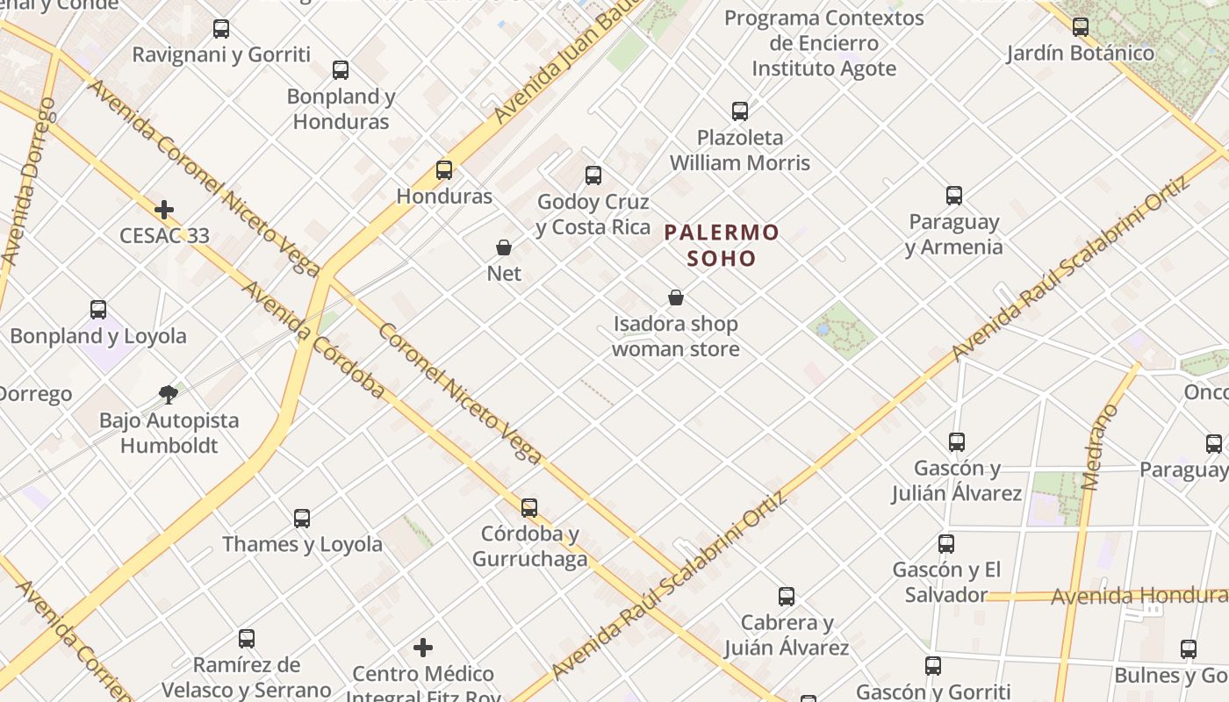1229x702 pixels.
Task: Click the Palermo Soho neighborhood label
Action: [722, 245]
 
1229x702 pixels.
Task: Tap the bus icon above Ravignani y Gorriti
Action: [221, 29]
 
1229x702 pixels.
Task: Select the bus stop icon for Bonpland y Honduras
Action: [341, 70]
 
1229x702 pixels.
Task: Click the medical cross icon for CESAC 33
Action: [164, 210]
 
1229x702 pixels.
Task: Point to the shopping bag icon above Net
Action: [504, 247]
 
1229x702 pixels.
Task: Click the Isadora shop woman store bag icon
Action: [676, 297]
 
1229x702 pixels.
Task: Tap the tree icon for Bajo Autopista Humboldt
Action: [169, 394]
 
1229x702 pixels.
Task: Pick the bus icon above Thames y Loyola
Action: [302, 518]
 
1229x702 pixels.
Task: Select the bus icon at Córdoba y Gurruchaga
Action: [529, 507]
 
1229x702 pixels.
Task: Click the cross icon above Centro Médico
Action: [423, 648]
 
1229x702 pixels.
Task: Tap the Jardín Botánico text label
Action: [1080, 54]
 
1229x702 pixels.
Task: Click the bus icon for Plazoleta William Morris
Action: [740, 111]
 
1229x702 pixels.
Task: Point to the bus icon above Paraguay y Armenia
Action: [954, 196]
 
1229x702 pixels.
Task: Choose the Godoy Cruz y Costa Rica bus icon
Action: [593, 175]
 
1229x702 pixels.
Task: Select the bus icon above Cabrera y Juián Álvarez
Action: [787, 597]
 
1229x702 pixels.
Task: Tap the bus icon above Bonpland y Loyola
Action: [98, 310]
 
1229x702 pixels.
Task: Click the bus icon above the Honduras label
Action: [444, 170]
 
